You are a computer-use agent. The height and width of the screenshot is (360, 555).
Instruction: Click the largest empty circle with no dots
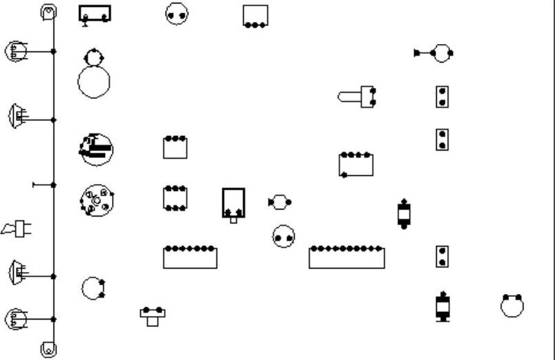tap(93, 82)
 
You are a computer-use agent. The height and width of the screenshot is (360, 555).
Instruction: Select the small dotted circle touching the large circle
tap(93, 57)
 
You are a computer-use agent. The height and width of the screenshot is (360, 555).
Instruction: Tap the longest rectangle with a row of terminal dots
tap(346, 258)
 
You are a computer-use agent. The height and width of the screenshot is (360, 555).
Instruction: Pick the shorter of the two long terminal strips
tap(190, 258)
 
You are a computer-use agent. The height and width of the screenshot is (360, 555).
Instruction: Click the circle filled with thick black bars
tap(96, 149)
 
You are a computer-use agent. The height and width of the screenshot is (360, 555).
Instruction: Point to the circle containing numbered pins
tap(96, 201)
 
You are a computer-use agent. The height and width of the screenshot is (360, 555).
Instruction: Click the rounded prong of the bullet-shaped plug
tap(345, 97)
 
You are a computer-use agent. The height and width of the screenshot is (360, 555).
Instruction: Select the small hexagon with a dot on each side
tap(279, 202)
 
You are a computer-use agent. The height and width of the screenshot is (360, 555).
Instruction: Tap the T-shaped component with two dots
tap(152, 315)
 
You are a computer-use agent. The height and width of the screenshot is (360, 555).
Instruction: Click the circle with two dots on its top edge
tap(512, 306)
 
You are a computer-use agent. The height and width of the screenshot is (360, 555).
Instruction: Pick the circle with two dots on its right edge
tap(92, 289)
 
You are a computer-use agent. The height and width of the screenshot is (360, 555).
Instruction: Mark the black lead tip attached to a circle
tap(418, 53)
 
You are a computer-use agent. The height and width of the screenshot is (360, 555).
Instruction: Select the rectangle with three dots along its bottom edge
tap(256, 16)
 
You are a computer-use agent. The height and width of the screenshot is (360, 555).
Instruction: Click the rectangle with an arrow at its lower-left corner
tap(356, 165)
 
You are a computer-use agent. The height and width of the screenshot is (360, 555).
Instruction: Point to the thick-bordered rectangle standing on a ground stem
tap(95, 14)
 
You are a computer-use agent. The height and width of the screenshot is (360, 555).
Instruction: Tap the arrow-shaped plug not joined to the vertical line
tap(16, 229)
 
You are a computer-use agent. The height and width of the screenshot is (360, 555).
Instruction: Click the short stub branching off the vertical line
tap(43, 185)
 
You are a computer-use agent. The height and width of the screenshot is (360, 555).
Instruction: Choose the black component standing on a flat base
tap(443, 306)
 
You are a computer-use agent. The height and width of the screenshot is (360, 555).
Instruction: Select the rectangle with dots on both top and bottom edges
tap(175, 198)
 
